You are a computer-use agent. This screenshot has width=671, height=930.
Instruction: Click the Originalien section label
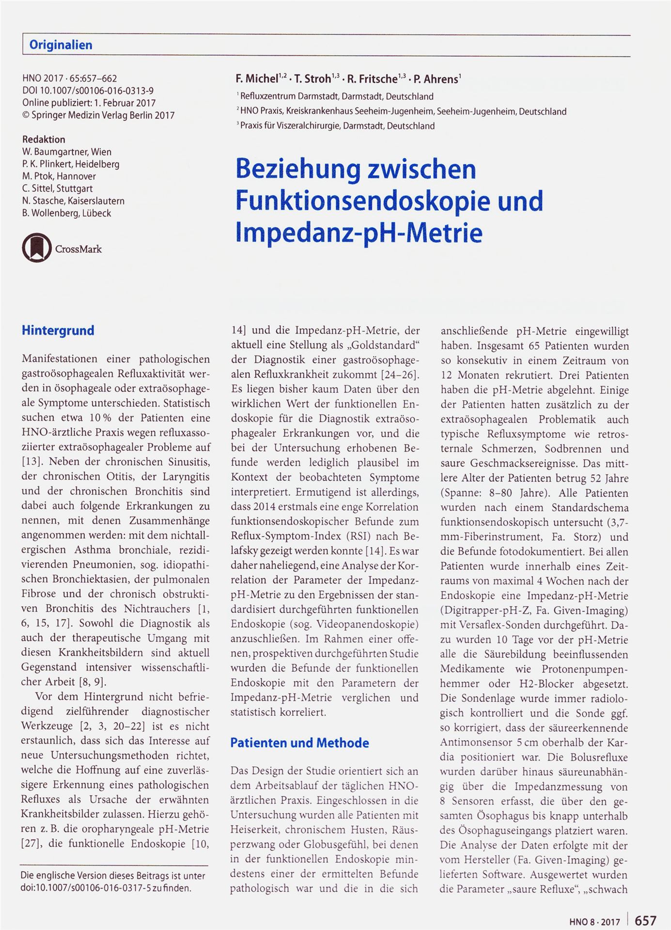click(x=61, y=45)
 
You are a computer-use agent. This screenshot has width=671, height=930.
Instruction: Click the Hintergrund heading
click(x=58, y=331)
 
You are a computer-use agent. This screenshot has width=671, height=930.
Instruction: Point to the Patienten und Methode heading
click(x=299, y=743)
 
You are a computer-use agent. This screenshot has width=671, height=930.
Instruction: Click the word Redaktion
click(x=44, y=139)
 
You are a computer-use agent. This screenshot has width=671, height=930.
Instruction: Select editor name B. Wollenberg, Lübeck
click(x=66, y=213)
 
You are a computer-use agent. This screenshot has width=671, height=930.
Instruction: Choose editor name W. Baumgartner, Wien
click(x=66, y=152)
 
